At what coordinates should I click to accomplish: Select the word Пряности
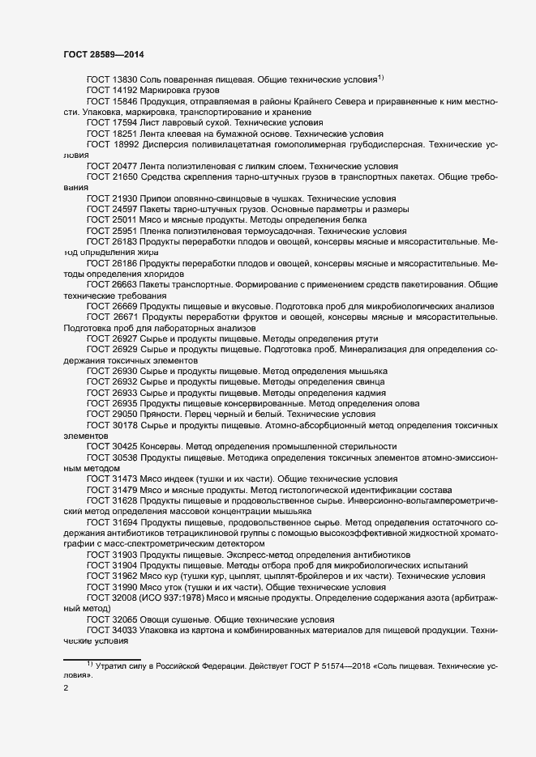tap(163, 413)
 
